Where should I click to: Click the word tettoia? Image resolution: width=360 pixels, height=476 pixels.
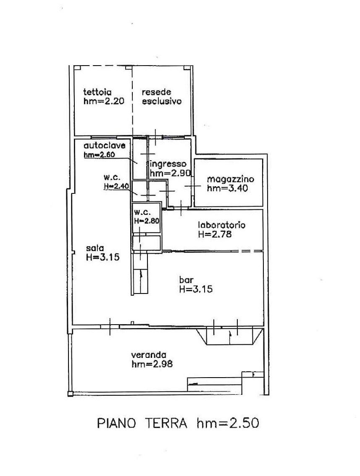click(x=97, y=92)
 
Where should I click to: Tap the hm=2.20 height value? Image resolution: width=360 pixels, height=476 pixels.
click(x=104, y=101)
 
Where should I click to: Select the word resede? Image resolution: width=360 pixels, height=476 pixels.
click(x=157, y=92)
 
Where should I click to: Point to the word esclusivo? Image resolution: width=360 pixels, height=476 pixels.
click(x=162, y=101)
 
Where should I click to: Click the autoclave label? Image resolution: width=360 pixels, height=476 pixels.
click(x=105, y=145)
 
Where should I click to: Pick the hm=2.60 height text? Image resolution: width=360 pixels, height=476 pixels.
click(x=99, y=154)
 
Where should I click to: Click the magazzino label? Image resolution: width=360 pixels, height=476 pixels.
click(x=231, y=179)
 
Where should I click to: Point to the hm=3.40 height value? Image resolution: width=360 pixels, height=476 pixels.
click(x=227, y=188)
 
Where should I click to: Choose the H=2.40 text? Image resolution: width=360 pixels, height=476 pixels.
click(x=116, y=186)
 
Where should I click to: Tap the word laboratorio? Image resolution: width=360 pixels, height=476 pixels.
click(x=222, y=225)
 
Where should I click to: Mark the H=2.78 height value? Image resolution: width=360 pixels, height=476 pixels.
click(x=215, y=234)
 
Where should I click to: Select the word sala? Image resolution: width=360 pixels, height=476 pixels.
click(x=95, y=248)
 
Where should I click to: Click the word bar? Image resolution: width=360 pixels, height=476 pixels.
click(x=186, y=280)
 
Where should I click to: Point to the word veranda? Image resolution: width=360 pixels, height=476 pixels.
click(x=149, y=354)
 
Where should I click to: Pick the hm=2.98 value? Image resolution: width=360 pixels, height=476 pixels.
click(x=152, y=364)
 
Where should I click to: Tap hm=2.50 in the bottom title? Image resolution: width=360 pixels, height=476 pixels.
click(x=228, y=423)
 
